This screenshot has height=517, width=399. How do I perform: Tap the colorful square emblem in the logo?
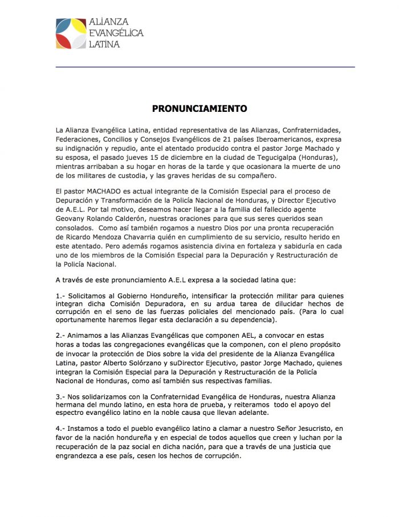(x=71, y=34)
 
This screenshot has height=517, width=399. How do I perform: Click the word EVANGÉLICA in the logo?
(x=116, y=33)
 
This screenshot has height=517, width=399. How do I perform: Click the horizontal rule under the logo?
(x=205, y=67)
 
